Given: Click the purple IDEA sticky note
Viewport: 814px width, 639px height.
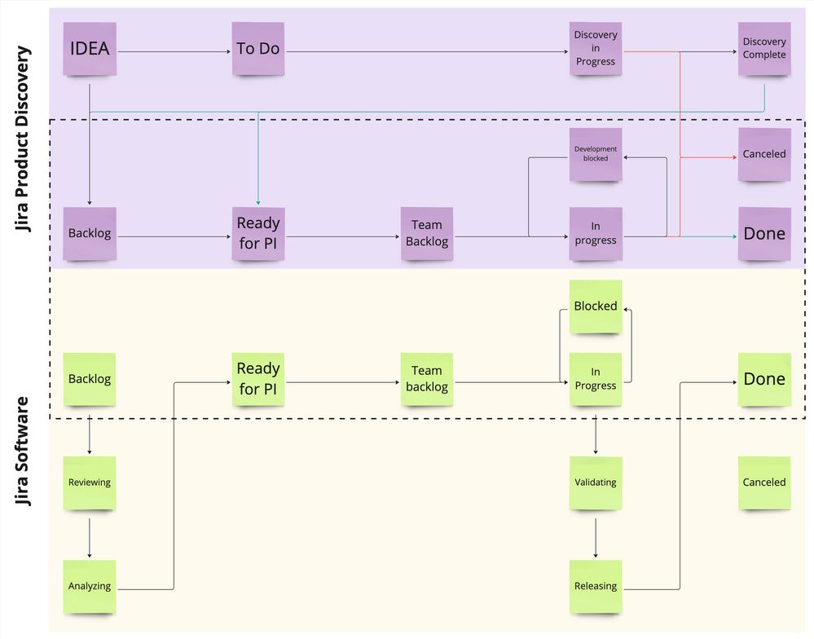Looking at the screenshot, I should pyautogui.click(x=90, y=49).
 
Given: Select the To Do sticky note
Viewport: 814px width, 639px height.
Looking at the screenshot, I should pyautogui.click(x=257, y=49).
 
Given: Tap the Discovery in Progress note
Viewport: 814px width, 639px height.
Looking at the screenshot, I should pyautogui.click(x=596, y=49).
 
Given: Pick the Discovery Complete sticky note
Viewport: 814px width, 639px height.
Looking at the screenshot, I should pyautogui.click(x=764, y=49).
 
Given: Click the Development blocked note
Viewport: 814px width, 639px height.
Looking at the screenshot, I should pyautogui.click(x=596, y=154).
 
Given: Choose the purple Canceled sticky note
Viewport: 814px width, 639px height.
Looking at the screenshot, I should pyautogui.click(x=764, y=154).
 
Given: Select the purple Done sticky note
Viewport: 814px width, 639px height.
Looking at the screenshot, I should pyautogui.click(x=764, y=234).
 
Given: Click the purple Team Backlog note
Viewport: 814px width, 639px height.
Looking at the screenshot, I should pyautogui.click(x=426, y=234).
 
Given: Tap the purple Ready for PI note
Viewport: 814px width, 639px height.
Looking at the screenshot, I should pyautogui.click(x=257, y=234).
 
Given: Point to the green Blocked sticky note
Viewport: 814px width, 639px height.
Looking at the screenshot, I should pyautogui.click(x=596, y=306).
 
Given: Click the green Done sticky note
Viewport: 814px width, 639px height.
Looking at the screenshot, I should pyautogui.click(x=764, y=380).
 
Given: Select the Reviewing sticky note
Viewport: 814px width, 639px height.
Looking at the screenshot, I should pyautogui.click(x=90, y=483).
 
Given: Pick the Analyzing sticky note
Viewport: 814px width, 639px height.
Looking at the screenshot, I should pyautogui.click(x=90, y=587).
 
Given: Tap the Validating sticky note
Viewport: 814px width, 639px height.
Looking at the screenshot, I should pyautogui.click(x=596, y=483).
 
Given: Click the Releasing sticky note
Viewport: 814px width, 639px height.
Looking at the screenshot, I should pyautogui.click(x=596, y=587).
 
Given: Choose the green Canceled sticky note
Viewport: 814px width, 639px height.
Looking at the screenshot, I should pyautogui.click(x=764, y=483).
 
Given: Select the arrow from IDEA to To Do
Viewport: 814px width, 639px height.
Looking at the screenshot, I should pyautogui.click(x=174, y=53).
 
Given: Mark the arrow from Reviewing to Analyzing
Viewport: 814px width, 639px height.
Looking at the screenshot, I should pyautogui.click(x=90, y=535).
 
